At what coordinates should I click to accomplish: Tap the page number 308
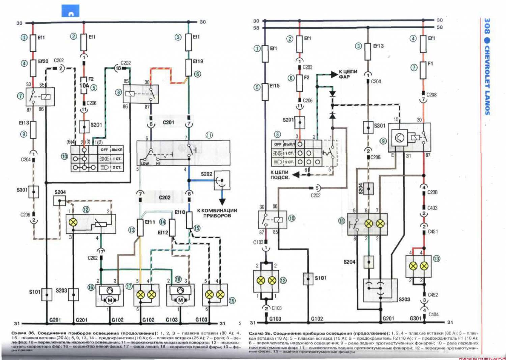pos(487,26)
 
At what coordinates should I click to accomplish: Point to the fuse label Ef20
pos(43,61)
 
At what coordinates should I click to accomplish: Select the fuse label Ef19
pos(198,61)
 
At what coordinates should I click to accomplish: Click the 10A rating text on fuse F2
pos(84,86)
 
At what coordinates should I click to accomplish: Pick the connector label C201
pos(168,122)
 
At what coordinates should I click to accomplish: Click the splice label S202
pos(206,174)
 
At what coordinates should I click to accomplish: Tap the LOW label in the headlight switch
pos(145,164)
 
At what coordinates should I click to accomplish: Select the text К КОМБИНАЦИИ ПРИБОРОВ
pos(217,213)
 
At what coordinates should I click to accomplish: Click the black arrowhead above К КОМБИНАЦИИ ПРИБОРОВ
pos(222,202)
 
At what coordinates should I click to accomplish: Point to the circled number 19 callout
pos(232,301)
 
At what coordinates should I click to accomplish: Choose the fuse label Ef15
pos(274,86)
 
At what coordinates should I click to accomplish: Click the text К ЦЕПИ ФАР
pos(348,74)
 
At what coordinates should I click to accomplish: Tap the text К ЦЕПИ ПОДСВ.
pos(279,175)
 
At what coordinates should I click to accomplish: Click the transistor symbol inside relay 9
pos(399,138)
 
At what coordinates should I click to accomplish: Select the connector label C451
pos(433,232)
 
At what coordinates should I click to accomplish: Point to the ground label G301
pos(415,318)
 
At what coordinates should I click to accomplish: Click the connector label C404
pos(433,314)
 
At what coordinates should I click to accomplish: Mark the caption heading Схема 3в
pos(259,333)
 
